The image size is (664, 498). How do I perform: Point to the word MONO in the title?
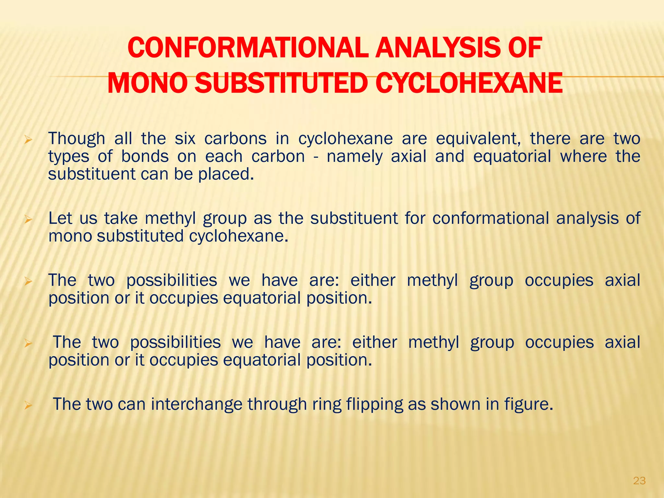[147, 83]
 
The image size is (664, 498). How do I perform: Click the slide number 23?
[639, 480]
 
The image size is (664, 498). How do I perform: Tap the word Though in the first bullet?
[77, 139]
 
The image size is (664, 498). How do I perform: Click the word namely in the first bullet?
[354, 157]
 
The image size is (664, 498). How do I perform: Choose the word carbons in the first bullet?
[235, 139]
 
